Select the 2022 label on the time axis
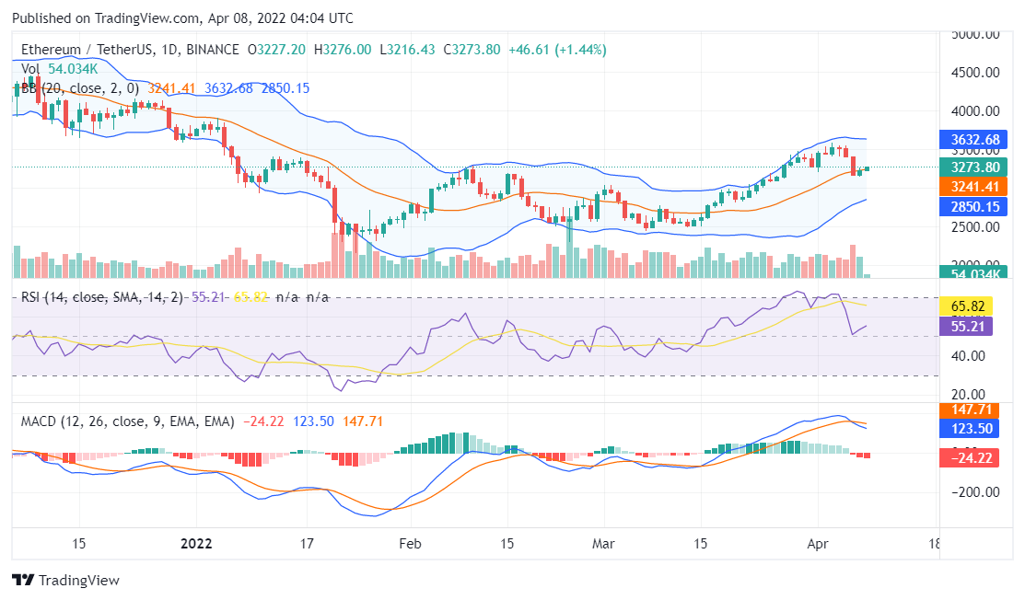197,543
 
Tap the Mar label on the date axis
604,543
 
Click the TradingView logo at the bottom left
66,580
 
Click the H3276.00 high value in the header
342,50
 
